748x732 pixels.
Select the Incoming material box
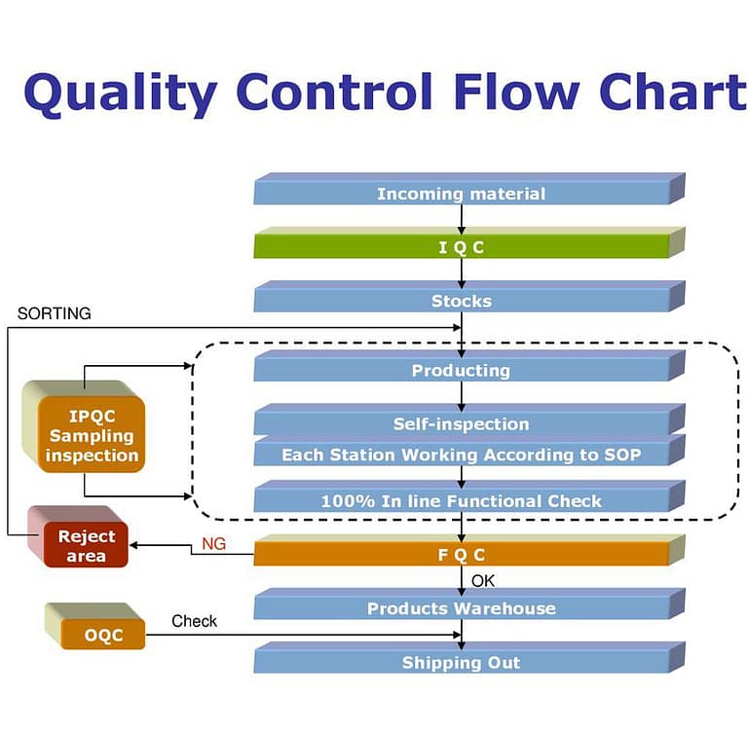(461, 193)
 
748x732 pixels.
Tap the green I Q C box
(461, 247)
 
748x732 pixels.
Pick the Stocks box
(461, 301)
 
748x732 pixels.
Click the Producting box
(461, 370)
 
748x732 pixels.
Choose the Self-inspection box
(461, 423)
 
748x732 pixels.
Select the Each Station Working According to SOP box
(461, 455)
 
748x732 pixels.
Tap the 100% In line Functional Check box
(461, 501)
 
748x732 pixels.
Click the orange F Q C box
(461, 555)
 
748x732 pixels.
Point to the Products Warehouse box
(461, 608)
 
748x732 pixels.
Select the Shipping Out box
(461, 663)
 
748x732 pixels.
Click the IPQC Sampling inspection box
(92, 435)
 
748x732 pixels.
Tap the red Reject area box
(86, 546)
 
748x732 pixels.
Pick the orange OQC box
(102, 636)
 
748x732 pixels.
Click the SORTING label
(55, 313)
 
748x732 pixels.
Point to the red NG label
(213, 544)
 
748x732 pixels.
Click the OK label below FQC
(483, 581)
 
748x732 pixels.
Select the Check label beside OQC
(195, 621)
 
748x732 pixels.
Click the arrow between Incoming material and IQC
(462, 219)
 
